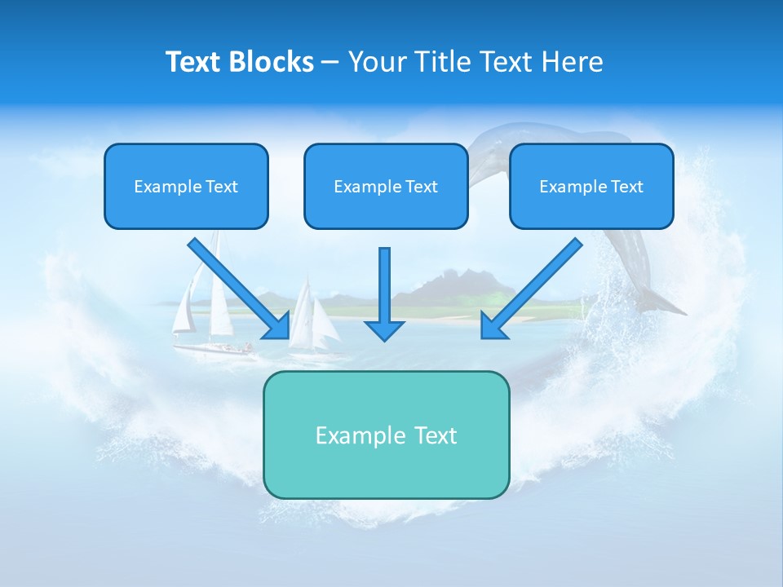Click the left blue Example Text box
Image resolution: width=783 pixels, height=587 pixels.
186,186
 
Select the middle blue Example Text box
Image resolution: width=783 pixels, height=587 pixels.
386,186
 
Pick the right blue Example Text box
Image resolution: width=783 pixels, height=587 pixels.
591,186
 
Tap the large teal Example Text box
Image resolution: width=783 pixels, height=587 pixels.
386,435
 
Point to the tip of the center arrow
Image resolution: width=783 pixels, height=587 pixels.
384,338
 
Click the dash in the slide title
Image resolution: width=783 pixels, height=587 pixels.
330,62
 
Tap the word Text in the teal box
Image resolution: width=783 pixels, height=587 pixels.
436,435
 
